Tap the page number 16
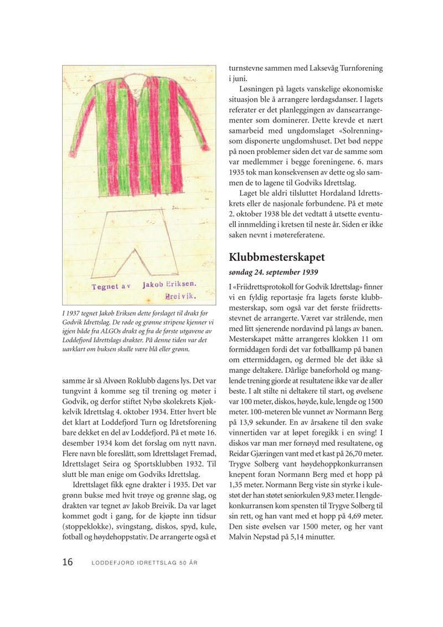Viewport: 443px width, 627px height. pyautogui.click(x=67, y=563)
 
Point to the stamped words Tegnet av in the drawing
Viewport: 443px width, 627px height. pyautogui.click(x=110, y=286)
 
